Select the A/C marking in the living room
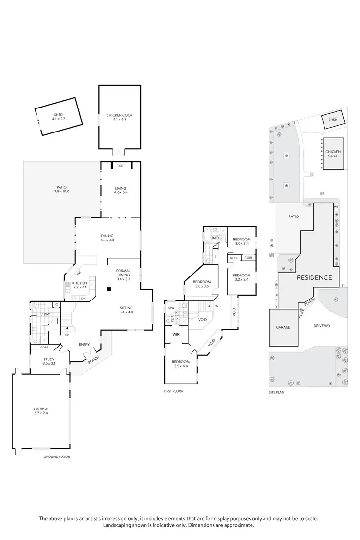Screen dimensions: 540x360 click(x=121, y=166)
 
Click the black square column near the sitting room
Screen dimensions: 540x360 click(x=109, y=289)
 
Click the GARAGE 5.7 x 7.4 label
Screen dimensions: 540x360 click(x=41, y=411)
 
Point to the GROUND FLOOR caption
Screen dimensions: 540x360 click(x=57, y=457)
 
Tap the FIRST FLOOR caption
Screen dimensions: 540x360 click(x=174, y=391)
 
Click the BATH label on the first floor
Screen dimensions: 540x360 click(x=216, y=238)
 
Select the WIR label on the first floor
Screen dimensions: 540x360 click(x=176, y=334)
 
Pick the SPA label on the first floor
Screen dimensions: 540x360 click(x=170, y=308)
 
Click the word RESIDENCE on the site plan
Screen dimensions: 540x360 click(x=314, y=277)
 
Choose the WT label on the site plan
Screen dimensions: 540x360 click(x=336, y=207)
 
